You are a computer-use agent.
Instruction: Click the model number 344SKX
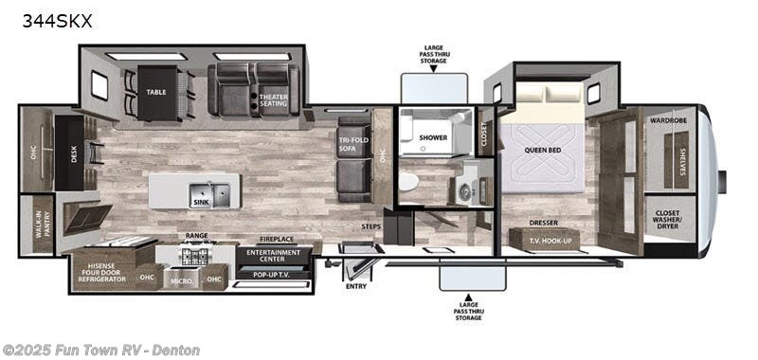tap(57, 21)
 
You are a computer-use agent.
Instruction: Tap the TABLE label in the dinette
tap(156, 92)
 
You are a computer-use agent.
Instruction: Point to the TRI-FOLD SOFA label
tap(353, 145)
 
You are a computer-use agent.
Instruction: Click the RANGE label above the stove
tap(197, 236)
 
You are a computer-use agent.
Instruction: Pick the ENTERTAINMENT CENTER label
tap(273, 256)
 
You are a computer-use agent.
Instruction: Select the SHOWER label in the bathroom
tap(433, 137)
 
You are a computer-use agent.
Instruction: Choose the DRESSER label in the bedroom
tap(544, 224)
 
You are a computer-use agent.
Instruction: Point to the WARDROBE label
tap(669, 121)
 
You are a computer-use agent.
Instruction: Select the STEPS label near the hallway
tap(370, 227)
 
